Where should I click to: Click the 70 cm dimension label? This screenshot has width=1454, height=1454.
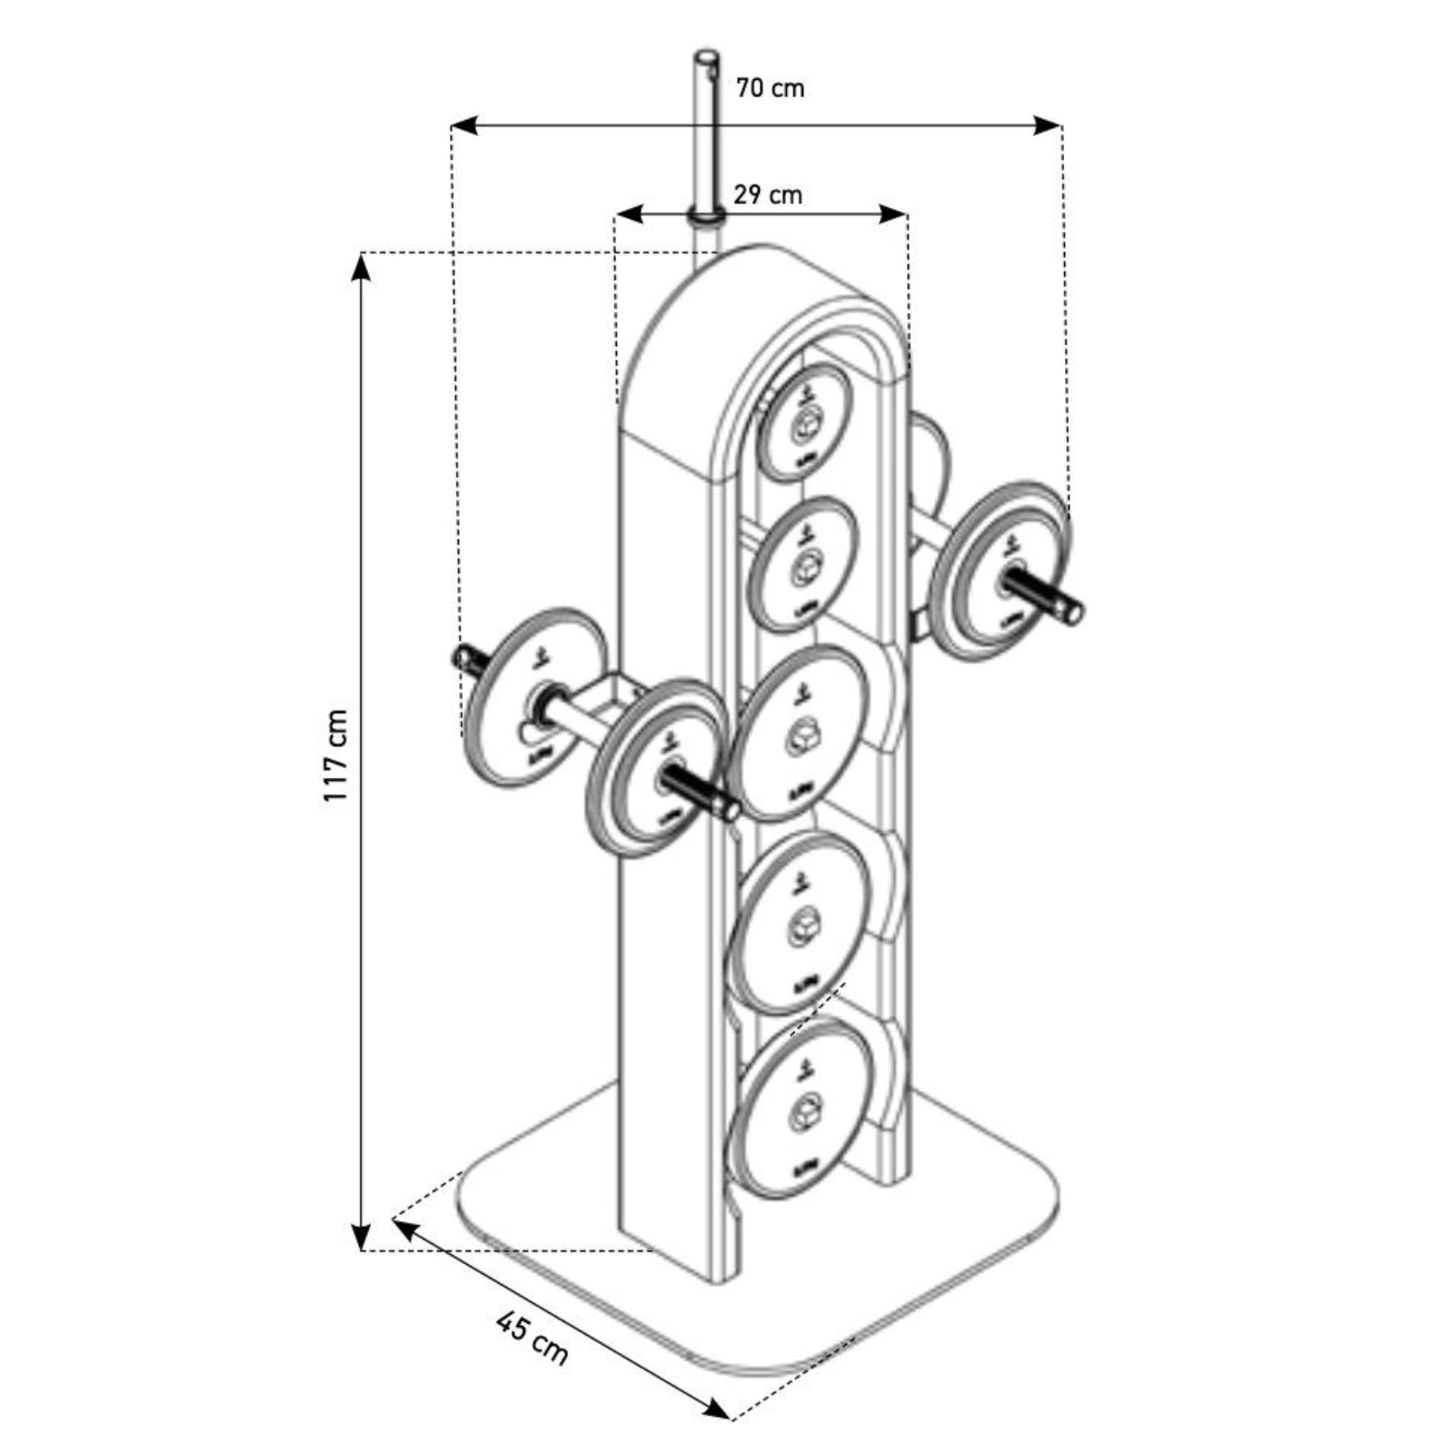(x=770, y=88)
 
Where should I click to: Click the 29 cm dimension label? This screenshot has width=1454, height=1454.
(x=768, y=194)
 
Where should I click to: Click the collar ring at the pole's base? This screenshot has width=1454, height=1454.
(x=706, y=217)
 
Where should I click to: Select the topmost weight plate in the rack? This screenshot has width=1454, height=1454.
(x=805, y=423)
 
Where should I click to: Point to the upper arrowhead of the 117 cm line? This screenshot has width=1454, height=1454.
(x=362, y=264)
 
